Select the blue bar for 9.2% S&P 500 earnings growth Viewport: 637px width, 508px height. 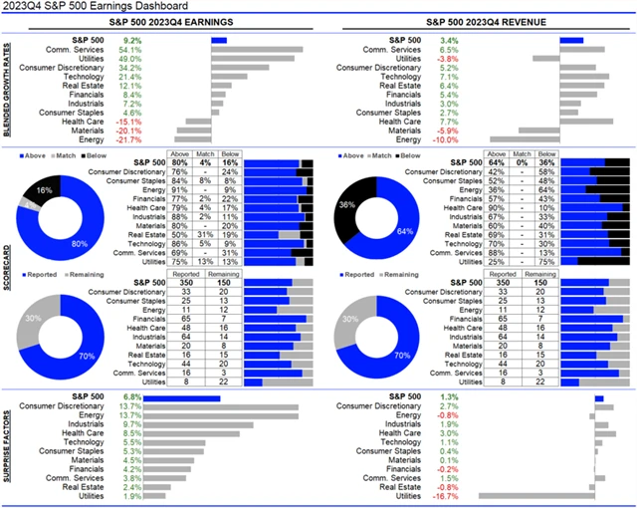[219, 40]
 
